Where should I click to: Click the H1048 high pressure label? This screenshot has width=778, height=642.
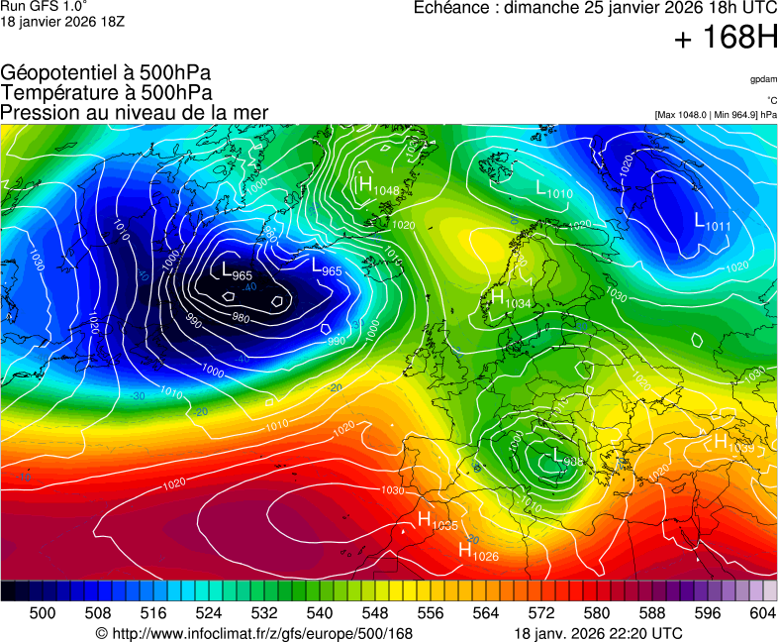pyautogui.click(x=379, y=185)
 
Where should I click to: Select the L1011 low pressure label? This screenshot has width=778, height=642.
pyautogui.click(x=713, y=222)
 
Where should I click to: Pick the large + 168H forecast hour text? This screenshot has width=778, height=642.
pyautogui.click(x=726, y=40)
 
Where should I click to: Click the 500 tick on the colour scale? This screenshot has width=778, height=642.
pyautogui.click(x=43, y=613)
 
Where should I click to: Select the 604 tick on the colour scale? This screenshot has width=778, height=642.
pyautogui.click(x=761, y=613)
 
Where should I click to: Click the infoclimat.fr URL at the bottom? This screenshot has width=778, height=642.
pyautogui.click(x=253, y=633)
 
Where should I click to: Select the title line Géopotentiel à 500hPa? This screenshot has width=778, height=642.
pyautogui.click(x=106, y=73)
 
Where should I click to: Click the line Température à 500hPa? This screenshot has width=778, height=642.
pyautogui.click(x=106, y=92)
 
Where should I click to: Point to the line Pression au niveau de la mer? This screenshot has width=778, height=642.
pyautogui.click(x=135, y=112)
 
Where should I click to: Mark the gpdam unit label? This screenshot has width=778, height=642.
pyautogui.click(x=763, y=79)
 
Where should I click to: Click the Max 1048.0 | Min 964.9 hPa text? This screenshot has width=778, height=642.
pyautogui.click(x=716, y=115)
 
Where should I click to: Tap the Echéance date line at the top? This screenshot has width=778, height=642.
pyautogui.click(x=594, y=7)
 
